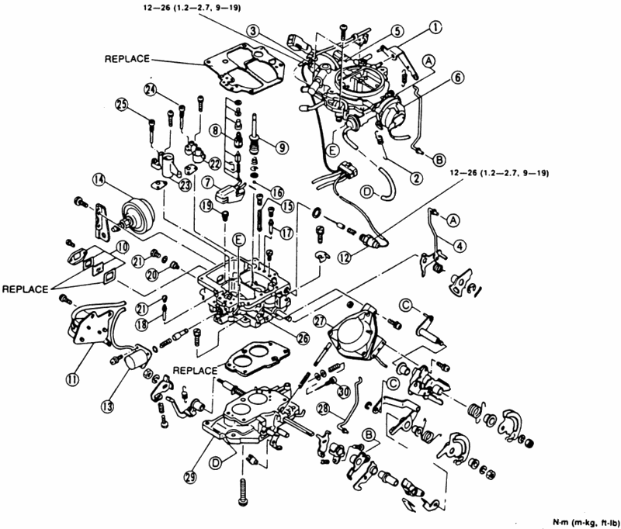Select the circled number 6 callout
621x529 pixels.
(x=457, y=78)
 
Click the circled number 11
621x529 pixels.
(x=71, y=379)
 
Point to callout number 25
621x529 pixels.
(x=122, y=105)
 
